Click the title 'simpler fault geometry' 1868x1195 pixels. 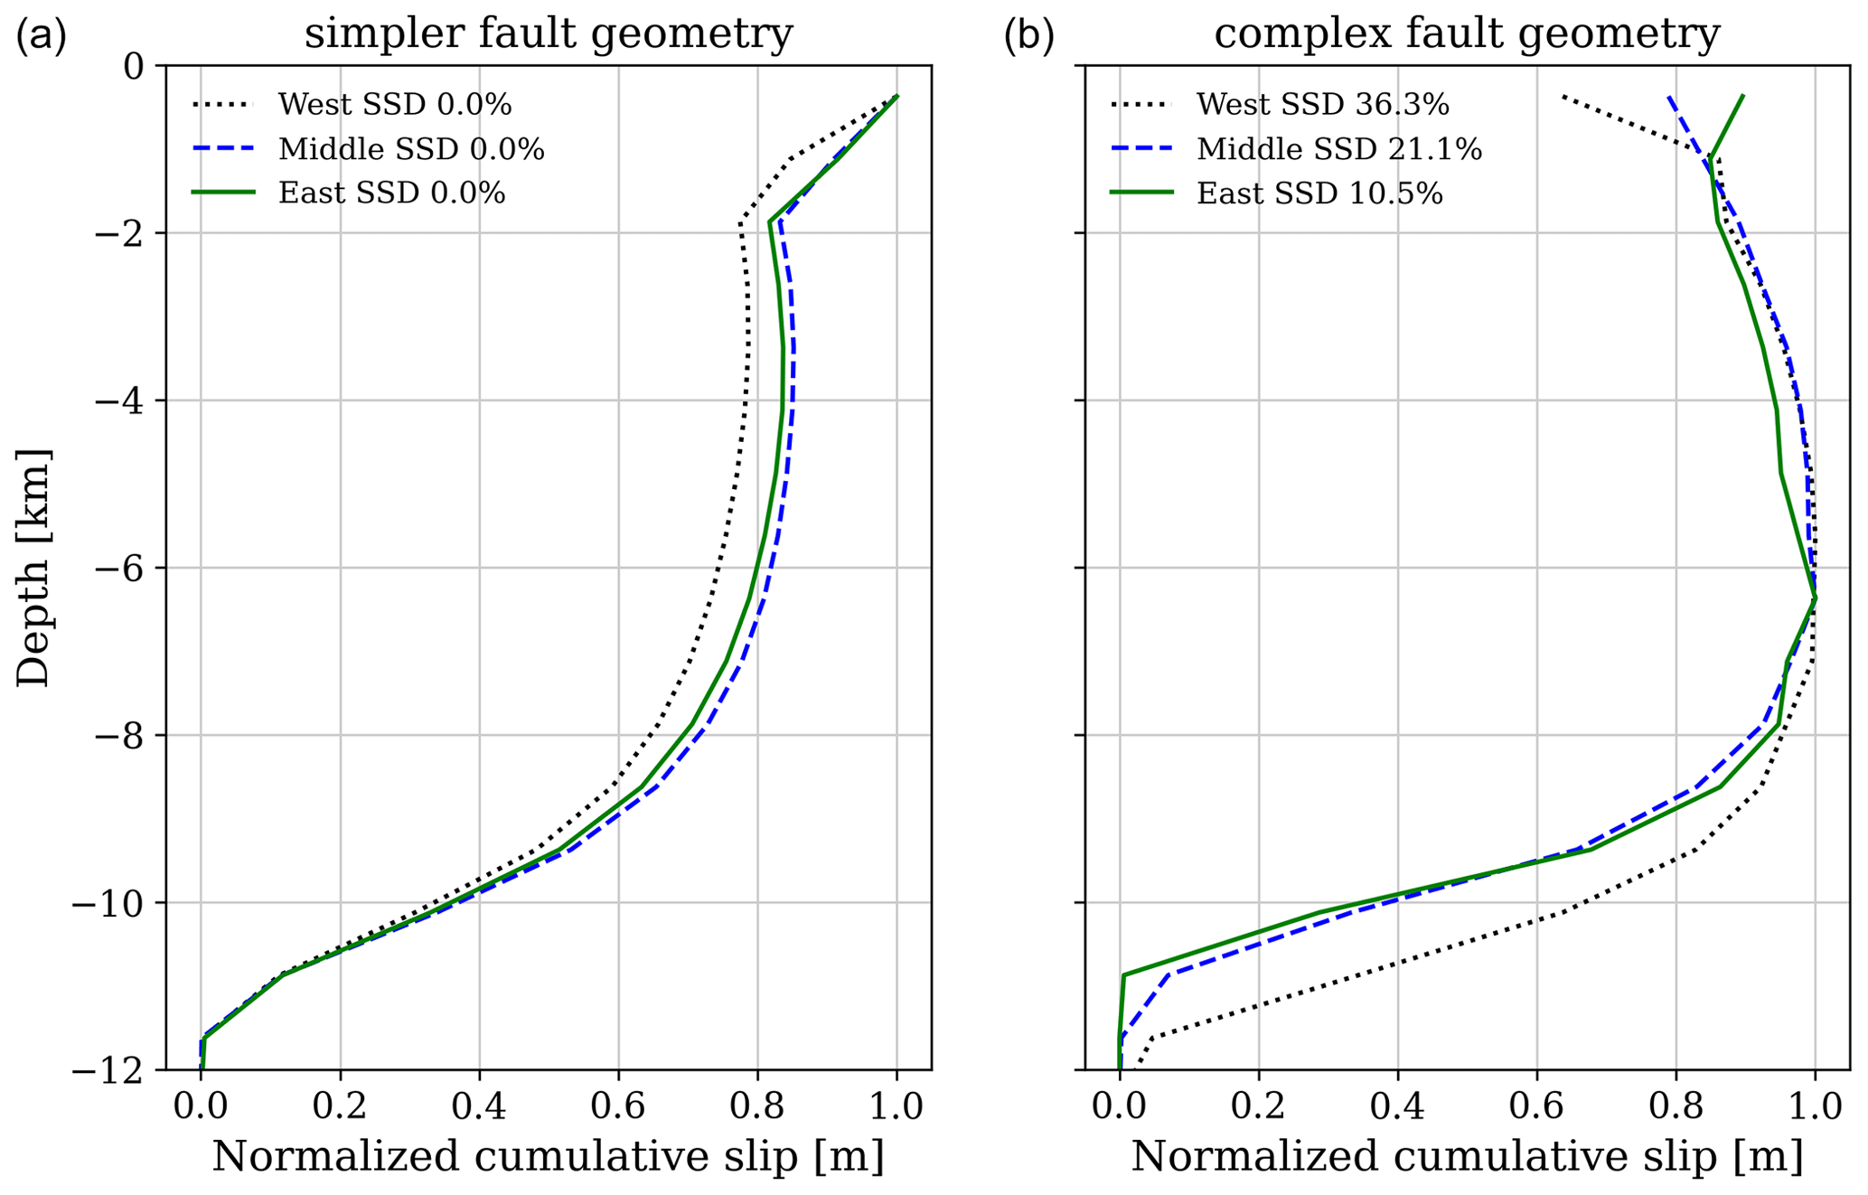coord(548,34)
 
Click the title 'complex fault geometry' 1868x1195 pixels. coord(1466,34)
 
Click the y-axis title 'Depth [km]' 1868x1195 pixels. coord(34,568)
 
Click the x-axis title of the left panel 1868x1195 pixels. coord(548,1157)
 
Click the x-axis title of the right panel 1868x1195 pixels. coord(1467,1157)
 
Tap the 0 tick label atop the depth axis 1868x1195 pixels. coord(134,65)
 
